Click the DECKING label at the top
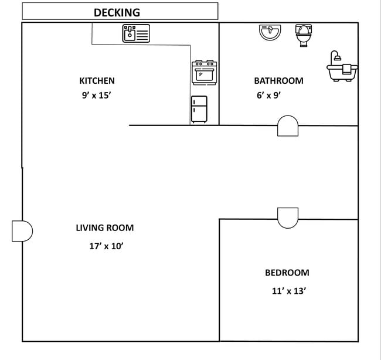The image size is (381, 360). click(x=117, y=12)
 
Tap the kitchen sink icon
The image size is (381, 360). click(x=136, y=33)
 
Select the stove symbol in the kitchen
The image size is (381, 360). click(x=205, y=73)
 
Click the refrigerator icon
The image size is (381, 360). click(x=199, y=109)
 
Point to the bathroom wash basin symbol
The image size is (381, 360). click(x=270, y=32)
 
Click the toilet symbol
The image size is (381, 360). click(x=303, y=35)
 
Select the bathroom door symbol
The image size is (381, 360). click(x=287, y=126)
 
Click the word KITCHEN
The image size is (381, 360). click(x=97, y=81)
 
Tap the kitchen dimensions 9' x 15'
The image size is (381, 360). click(x=96, y=95)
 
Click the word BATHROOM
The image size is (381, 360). click(x=278, y=81)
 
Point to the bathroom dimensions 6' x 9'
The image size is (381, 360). click(x=268, y=95)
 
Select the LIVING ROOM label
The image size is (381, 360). click(x=104, y=228)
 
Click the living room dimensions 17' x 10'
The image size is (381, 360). click(x=106, y=246)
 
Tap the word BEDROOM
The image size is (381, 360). click(x=287, y=273)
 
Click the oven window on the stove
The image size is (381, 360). click(x=205, y=75)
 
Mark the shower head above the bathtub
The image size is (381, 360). click(x=335, y=55)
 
